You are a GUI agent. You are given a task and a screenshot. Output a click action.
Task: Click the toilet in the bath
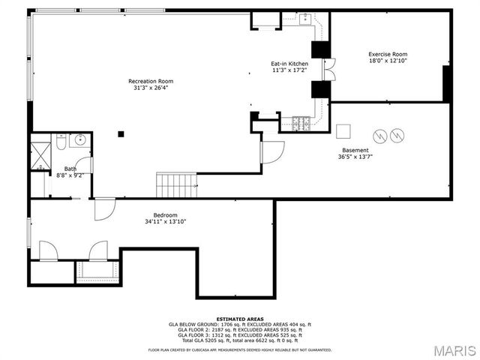click(61, 142)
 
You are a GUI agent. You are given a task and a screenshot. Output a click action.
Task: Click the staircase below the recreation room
click(176, 183)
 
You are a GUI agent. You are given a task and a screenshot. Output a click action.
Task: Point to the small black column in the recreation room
click(120, 134)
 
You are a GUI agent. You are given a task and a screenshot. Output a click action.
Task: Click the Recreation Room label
click(151, 81)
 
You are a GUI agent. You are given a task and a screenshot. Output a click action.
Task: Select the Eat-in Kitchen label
click(289, 64)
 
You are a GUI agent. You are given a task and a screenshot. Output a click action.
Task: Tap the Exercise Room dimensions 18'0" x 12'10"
click(388, 61)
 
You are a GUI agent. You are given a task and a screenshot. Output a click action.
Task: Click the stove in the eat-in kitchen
click(304, 123)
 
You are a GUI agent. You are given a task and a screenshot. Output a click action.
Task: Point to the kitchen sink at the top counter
click(306, 20)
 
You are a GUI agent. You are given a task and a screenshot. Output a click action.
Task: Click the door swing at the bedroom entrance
click(103, 210)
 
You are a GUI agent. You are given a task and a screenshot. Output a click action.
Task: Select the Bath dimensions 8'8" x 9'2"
click(70, 175)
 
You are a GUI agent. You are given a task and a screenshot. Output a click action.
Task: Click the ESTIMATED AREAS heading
click(239, 319)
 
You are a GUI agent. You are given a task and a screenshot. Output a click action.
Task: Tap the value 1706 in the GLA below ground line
click(220, 324)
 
